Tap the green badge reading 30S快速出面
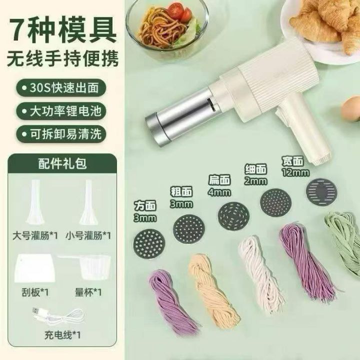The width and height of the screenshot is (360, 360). pyautogui.click(x=61, y=88)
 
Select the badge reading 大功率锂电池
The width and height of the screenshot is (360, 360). pyautogui.click(x=61, y=111)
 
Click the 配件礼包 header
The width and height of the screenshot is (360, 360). pyautogui.click(x=62, y=163)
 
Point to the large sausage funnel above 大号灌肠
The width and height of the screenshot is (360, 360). pyautogui.click(x=35, y=202)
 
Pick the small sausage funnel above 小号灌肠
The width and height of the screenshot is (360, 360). pyautogui.click(x=88, y=202)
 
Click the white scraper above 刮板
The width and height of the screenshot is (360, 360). pyautogui.click(x=35, y=268)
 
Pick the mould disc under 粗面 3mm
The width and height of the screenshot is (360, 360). pyautogui.click(x=189, y=230)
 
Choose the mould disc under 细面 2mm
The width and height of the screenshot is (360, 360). pyautogui.click(x=276, y=202)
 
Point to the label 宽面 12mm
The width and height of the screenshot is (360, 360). pyautogui.click(x=295, y=166)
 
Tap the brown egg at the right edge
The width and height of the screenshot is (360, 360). pyautogui.click(x=351, y=108)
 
